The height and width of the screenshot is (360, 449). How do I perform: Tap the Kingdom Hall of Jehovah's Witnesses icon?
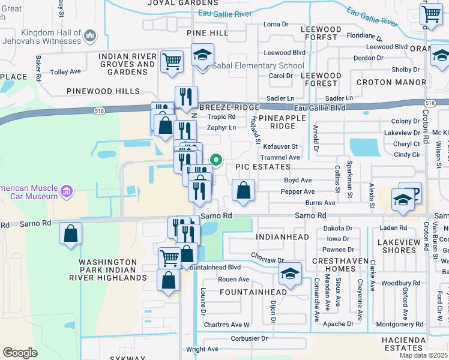point(91,37)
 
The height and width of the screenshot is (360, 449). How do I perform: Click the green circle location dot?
point(218,160)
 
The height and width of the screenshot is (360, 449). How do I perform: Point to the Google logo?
point(20,353)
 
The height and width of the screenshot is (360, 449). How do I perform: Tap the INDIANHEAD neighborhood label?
point(282,237)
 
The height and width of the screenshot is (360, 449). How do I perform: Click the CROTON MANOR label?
point(391,82)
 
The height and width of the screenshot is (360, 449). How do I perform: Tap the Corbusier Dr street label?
point(249,338)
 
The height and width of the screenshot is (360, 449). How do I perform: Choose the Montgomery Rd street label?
point(399,324)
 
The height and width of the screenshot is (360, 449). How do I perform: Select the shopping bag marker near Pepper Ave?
point(243,190)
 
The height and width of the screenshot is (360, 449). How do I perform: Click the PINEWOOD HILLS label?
point(103,91)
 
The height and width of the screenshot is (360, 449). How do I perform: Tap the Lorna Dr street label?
point(276,25)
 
